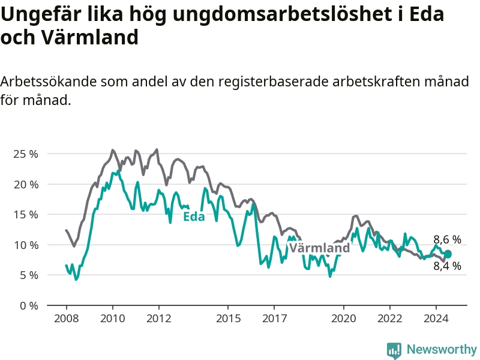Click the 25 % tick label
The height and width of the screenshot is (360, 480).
(x=26, y=154)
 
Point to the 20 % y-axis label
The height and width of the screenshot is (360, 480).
(x=26, y=184)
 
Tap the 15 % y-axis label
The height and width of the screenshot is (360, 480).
(x=26, y=215)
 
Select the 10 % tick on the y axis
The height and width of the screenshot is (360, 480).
(x=26, y=245)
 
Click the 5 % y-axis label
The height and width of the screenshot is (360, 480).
(x=29, y=275)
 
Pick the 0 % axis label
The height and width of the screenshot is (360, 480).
(x=29, y=305)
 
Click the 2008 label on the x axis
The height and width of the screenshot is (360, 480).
(x=67, y=319)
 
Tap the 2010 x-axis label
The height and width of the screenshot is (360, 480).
(x=113, y=319)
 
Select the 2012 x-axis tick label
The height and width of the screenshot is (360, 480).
(x=159, y=319)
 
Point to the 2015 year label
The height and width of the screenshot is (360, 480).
(x=229, y=319)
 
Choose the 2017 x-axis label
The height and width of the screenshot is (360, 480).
(x=275, y=319)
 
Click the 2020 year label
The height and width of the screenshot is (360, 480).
(x=344, y=319)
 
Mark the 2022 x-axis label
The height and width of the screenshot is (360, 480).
(x=389, y=319)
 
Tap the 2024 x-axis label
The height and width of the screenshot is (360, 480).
(x=436, y=319)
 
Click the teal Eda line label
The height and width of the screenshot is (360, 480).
(x=194, y=217)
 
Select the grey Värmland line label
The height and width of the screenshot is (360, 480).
(x=320, y=248)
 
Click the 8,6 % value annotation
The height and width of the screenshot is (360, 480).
(x=447, y=239)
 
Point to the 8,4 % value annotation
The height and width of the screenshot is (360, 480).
(x=447, y=266)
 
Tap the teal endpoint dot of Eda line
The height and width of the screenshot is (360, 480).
(x=448, y=254)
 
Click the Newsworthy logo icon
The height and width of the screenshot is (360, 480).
(x=394, y=350)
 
